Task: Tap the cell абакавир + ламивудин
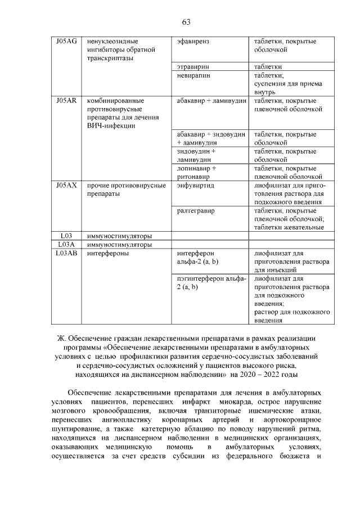(x=211, y=100)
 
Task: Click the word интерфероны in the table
(x=108, y=253)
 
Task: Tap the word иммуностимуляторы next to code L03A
(x=119, y=245)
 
